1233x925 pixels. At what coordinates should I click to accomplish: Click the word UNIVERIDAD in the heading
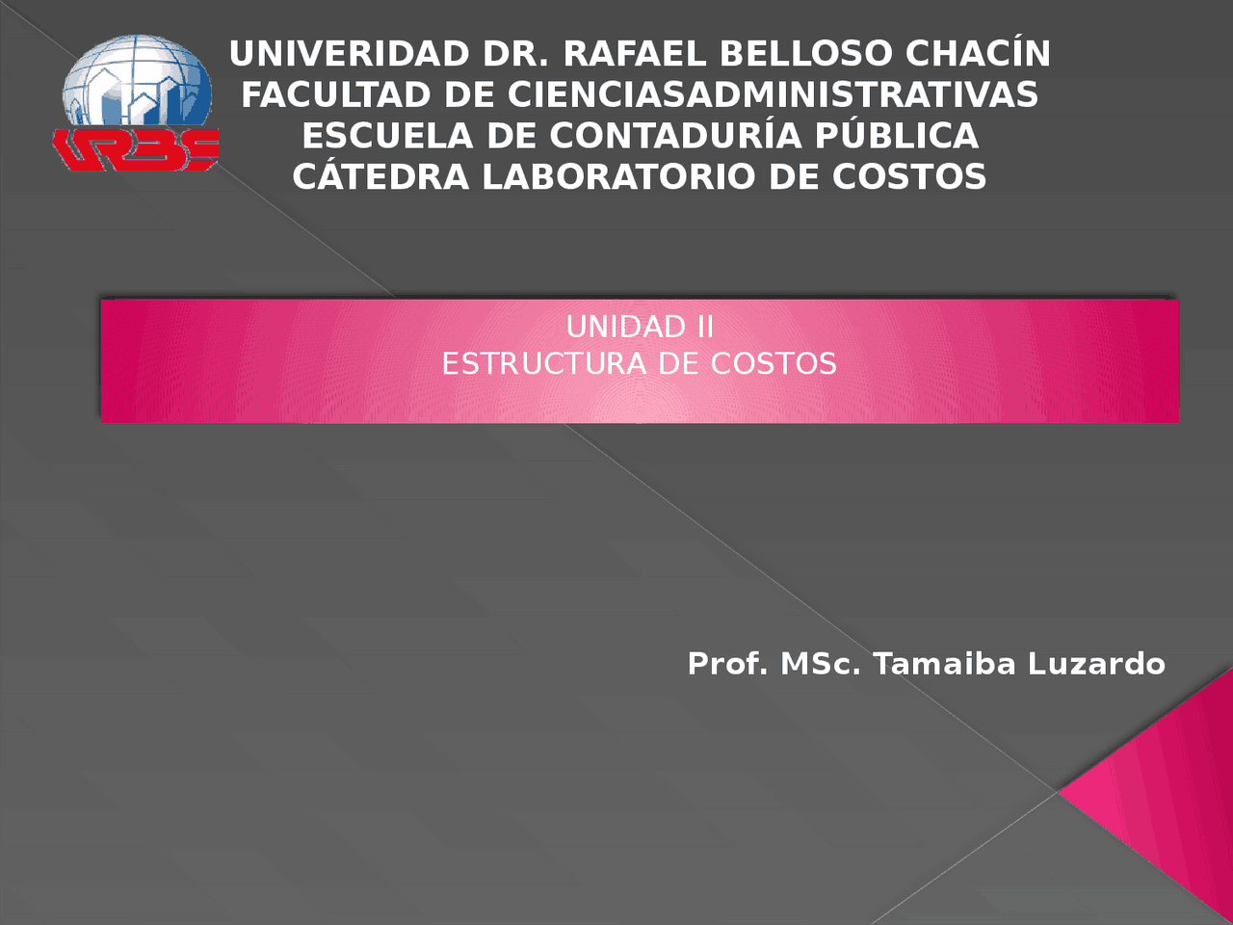[350, 54]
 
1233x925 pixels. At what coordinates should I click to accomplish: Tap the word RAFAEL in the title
[635, 54]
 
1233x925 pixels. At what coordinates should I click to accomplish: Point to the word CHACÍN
[978, 53]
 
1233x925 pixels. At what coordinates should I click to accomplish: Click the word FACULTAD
[336, 94]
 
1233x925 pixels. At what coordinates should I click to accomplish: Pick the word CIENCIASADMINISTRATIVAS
[773, 94]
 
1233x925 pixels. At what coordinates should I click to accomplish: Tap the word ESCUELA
[387, 136]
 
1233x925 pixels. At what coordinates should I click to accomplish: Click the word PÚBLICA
[897, 135]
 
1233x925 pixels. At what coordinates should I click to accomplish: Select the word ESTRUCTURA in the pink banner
[543, 363]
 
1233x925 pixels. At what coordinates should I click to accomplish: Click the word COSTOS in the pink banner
[774, 363]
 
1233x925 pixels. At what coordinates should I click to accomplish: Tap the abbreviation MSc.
[820, 664]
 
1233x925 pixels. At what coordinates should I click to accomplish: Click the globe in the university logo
[137, 80]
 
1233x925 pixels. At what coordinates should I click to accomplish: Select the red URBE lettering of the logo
[136, 149]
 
